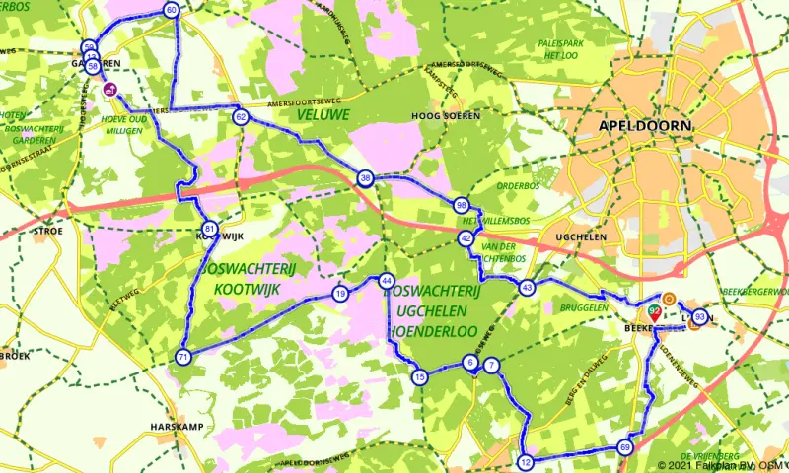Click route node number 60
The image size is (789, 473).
click(172, 11)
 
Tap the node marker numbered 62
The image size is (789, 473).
click(241, 117)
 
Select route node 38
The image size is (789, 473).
click(366, 178)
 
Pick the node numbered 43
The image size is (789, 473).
click(528, 288)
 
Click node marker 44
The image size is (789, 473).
click(387, 281)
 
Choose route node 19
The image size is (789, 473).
click(340, 294)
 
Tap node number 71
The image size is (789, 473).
click(183, 357)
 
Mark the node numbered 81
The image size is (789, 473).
click(209, 229)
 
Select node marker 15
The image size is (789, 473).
click(420, 377)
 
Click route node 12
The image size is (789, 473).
click(525, 462)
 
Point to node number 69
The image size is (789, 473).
click(625, 447)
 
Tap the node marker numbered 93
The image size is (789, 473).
click(700, 317)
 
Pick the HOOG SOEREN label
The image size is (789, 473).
click(445, 115)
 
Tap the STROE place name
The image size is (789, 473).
click(48, 231)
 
